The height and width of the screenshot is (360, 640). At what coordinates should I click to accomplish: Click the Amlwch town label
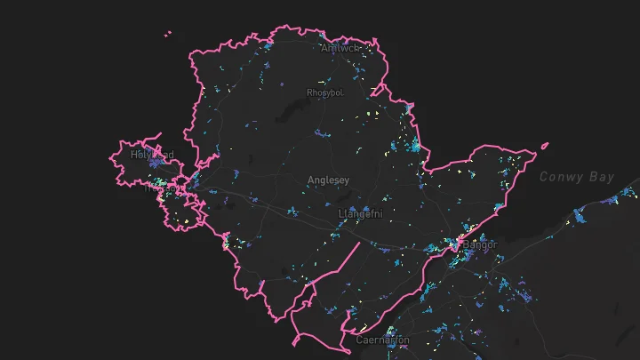click(x=339, y=48)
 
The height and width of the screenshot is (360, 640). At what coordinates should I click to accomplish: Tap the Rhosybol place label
click(x=324, y=92)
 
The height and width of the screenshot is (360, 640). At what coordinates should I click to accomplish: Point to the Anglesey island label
click(x=328, y=180)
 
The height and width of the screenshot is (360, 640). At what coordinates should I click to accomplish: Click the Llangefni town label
click(x=360, y=214)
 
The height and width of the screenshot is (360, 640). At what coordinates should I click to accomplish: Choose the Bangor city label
click(x=479, y=244)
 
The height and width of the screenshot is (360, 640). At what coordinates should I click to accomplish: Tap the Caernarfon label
click(x=382, y=340)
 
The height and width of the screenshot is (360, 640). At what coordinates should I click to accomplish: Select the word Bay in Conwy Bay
click(x=602, y=178)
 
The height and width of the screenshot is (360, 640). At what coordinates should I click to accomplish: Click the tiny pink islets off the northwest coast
click(x=168, y=35)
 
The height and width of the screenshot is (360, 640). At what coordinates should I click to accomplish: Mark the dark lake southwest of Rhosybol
click(x=290, y=111)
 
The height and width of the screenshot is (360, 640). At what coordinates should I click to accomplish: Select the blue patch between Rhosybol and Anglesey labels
click(x=322, y=133)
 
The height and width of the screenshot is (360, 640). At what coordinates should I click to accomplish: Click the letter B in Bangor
click(x=465, y=244)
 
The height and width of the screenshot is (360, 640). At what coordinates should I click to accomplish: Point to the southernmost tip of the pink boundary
click(x=296, y=343)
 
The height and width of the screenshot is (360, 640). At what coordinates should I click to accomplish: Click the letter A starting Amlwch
click(x=324, y=48)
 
